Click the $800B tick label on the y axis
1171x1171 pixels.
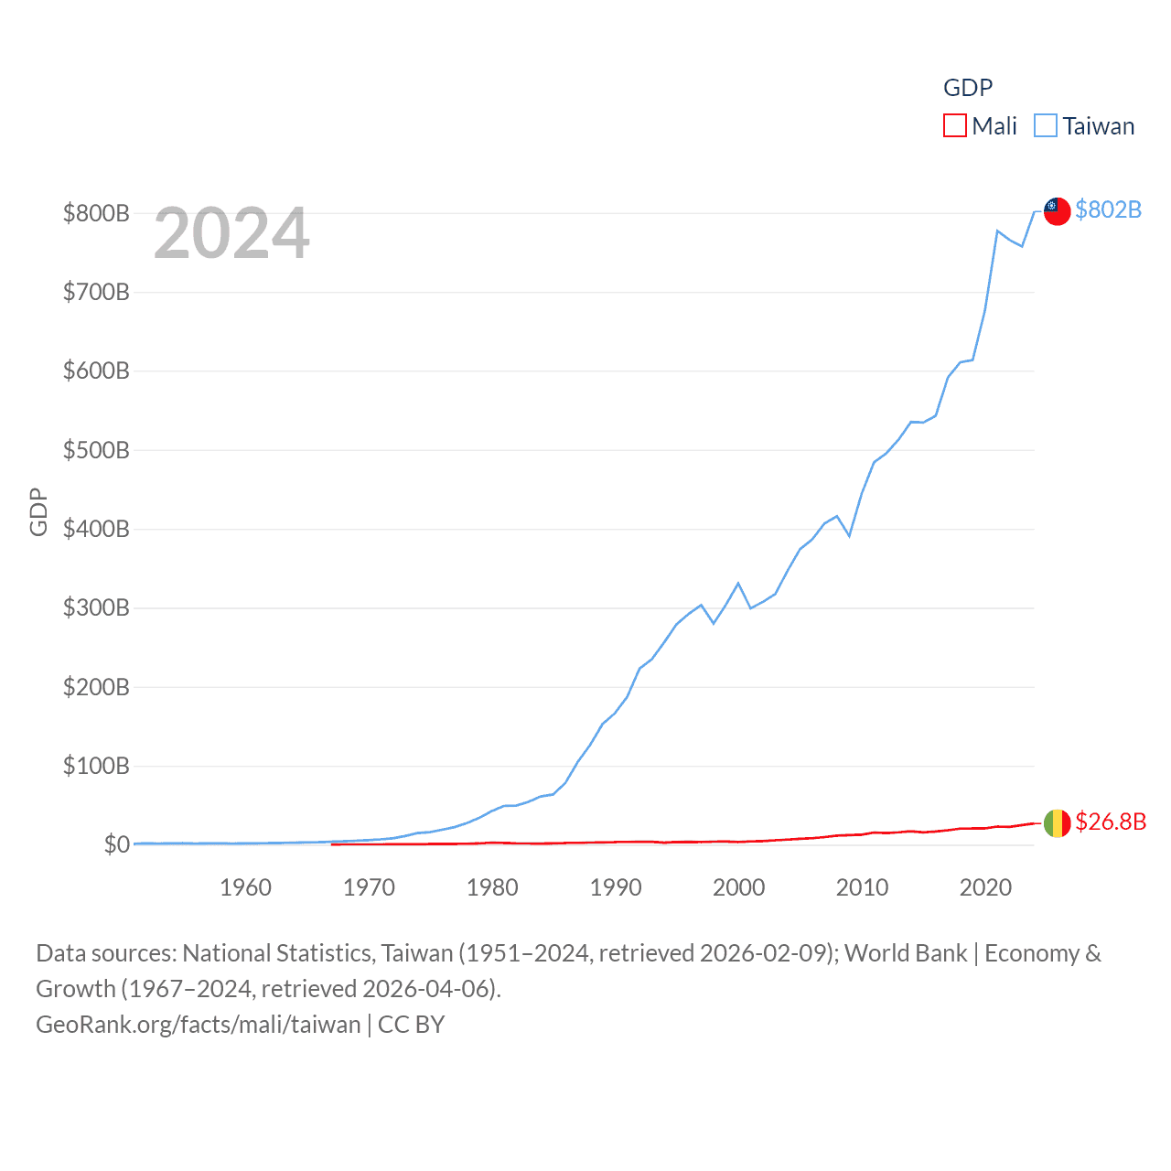click(96, 214)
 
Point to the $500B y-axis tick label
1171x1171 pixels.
click(96, 450)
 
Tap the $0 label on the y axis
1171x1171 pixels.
click(116, 844)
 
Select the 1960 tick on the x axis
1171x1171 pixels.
click(245, 887)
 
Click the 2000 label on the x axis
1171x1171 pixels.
click(738, 887)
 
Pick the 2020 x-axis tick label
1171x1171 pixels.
click(985, 887)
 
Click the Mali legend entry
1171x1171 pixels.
click(994, 126)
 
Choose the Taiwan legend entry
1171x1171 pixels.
click(1098, 126)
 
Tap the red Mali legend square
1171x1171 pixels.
click(955, 125)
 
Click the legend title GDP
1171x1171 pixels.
click(968, 88)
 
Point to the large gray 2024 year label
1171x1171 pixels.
click(231, 233)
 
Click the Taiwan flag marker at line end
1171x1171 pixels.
click(1057, 210)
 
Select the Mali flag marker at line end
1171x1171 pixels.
click(1057, 823)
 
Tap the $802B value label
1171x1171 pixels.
click(1108, 210)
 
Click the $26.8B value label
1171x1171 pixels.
click(1110, 822)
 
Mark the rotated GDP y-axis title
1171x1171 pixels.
click(38, 512)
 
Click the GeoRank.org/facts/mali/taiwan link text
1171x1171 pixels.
click(198, 1025)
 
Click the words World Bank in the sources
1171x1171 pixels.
click(905, 953)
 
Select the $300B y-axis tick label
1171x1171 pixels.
click(96, 608)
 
